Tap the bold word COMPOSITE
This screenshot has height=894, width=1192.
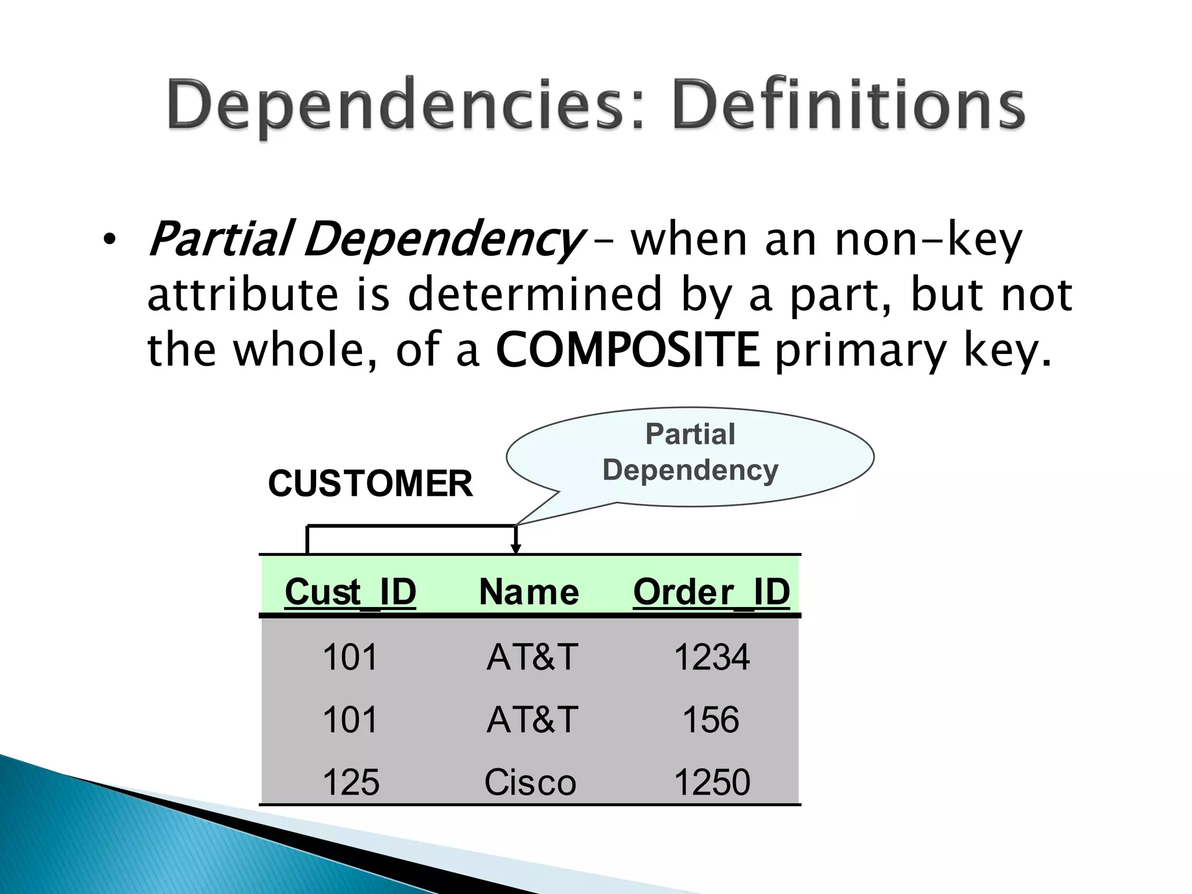click(x=627, y=349)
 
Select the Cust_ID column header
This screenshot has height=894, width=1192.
click(x=350, y=592)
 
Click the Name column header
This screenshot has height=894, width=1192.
click(x=528, y=592)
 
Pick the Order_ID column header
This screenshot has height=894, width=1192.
click(x=711, y=592)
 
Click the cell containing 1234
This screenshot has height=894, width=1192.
click(x=711, y=657)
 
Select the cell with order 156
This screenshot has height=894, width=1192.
click(x=711, y=719)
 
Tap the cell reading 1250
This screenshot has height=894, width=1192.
click(x=711, y=782)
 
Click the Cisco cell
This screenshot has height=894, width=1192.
click(x=530, y=782)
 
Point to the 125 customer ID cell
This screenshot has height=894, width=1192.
click(x=350, y=782)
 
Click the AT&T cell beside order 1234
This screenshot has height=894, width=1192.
click(x=532, y=657)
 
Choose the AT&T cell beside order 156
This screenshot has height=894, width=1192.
click(x=532, y=719)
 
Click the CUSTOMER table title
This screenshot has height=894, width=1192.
click(x=370, y=484)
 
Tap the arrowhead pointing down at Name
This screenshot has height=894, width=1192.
click(x=516, y=548)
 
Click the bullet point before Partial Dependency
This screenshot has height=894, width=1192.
click(x=109, y=240)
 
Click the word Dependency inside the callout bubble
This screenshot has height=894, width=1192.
click(x=690, y=470)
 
